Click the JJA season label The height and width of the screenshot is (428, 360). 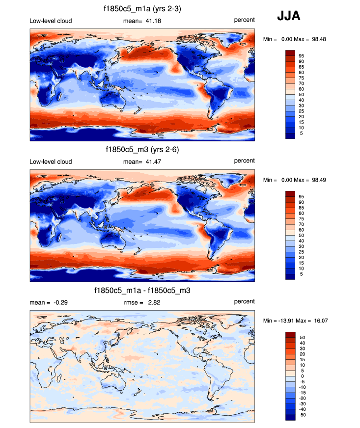pos(288,16)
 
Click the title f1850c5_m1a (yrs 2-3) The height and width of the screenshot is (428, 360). pos(142,8)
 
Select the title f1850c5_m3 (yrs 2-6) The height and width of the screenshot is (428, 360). pos(142,149)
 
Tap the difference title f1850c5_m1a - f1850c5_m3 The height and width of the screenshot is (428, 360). pos(142,291)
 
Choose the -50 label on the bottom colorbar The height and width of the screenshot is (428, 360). pos(303,415)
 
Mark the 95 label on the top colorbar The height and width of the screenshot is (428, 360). pos(302,55)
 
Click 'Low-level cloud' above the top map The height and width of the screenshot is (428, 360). pos(51,20)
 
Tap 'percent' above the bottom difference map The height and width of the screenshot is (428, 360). pos(244,301)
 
